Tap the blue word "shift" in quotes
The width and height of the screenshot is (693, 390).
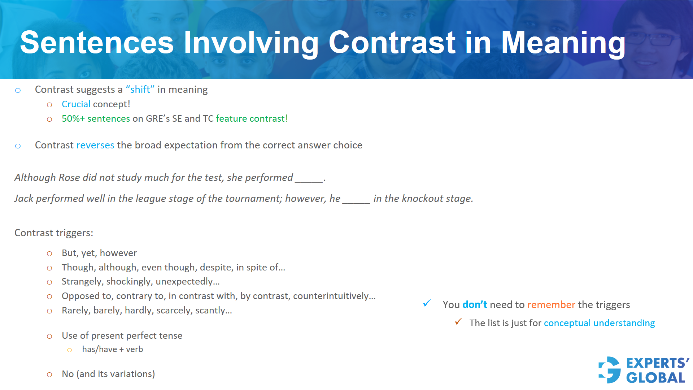[140, 90]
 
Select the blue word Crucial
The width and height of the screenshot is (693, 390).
[76, 104]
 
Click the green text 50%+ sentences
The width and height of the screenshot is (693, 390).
[96, 119]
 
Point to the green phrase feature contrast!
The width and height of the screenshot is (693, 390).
[252, 119]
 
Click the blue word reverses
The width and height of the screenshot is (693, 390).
[95, 145]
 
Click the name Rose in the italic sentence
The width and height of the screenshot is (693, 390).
[69, 178]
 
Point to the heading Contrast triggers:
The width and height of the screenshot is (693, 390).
[54, 233]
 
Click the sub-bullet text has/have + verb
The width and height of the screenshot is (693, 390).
[113, 350]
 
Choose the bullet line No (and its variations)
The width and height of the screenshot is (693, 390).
[108, 374]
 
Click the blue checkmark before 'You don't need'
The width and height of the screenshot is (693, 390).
[427, 303]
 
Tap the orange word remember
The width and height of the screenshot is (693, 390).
[551, 305]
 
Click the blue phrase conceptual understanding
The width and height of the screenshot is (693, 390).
[599, 323]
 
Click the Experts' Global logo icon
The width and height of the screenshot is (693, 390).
[610, 370]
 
